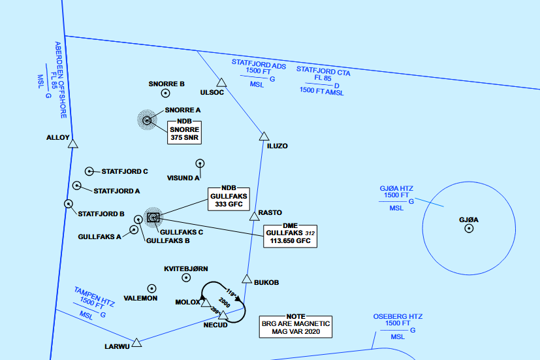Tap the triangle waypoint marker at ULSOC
[221, 83]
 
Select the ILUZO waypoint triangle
[264, 137]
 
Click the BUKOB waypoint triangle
[247, 279]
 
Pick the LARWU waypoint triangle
[136, 342]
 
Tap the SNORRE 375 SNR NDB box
[184, 133]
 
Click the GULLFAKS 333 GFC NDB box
[225, 199]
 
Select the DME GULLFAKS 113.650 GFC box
[290, 236]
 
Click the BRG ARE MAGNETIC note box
[296, 327]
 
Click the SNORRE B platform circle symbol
[166, 93]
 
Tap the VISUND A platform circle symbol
[199, 163]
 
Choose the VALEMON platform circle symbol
[152, 288]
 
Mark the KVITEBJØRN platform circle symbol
[186, 278]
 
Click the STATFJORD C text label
[125, 171]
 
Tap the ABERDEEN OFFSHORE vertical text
[61, 79]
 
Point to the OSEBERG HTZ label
[398, 317]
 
